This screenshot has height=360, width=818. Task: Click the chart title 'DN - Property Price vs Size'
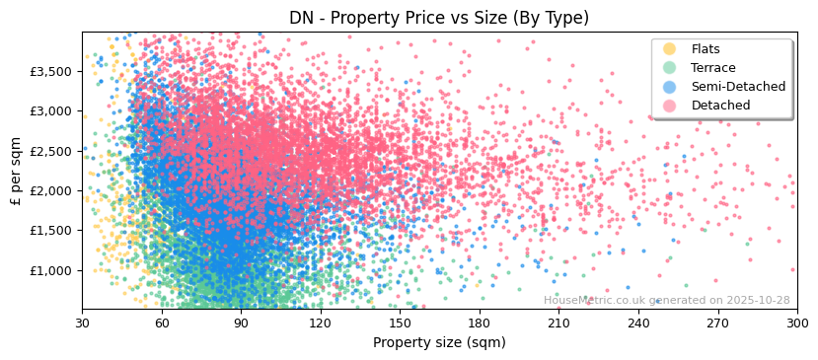pos(439,18)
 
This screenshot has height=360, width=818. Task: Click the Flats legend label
pos(706,49)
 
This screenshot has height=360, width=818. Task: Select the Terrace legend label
pos(712,68)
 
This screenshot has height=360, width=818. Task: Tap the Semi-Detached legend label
pos(738,87)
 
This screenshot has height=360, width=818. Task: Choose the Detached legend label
pos(720,106)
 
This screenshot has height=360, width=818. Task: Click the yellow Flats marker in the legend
pos(670,49)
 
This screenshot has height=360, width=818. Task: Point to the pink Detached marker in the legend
pos(670,106)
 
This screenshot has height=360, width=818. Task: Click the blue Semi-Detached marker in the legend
pos(670,87)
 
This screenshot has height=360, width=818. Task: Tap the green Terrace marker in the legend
pos(670,68)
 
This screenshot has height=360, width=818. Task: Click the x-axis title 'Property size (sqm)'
pos(439,343)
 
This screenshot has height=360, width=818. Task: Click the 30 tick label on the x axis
pos(82,323)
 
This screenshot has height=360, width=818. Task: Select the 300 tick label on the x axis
pos(796,323)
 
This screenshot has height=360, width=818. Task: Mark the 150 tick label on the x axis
pos(400,323)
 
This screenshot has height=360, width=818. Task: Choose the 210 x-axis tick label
pos(558,323)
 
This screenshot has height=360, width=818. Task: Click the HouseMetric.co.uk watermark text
pos(666,301)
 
